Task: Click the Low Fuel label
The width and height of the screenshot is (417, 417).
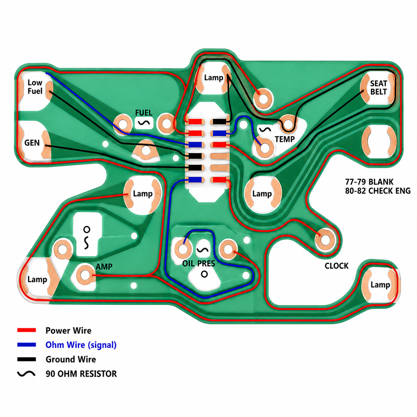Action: [x=35, y=87]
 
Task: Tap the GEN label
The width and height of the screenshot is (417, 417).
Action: [x=32, y=143]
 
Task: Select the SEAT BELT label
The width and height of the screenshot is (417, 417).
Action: [x=378, y=88]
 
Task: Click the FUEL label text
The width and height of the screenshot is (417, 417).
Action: [x=143, y=113]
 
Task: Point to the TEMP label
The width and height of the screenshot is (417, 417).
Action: [x=285, y=139]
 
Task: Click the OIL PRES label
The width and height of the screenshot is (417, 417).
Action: [x=199, y=263]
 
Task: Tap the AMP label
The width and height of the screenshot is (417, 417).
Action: [x=104, y=267]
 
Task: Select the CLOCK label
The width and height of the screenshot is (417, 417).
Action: [x=337, y=266]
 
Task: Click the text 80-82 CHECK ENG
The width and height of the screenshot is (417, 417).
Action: [x=378, y=191]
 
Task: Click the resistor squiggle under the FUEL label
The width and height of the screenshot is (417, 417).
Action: [x=144, y=123]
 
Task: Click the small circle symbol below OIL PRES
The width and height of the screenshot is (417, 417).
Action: [x=204, y=274]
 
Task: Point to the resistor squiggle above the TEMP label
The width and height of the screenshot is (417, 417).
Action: [x=265, y=129]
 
